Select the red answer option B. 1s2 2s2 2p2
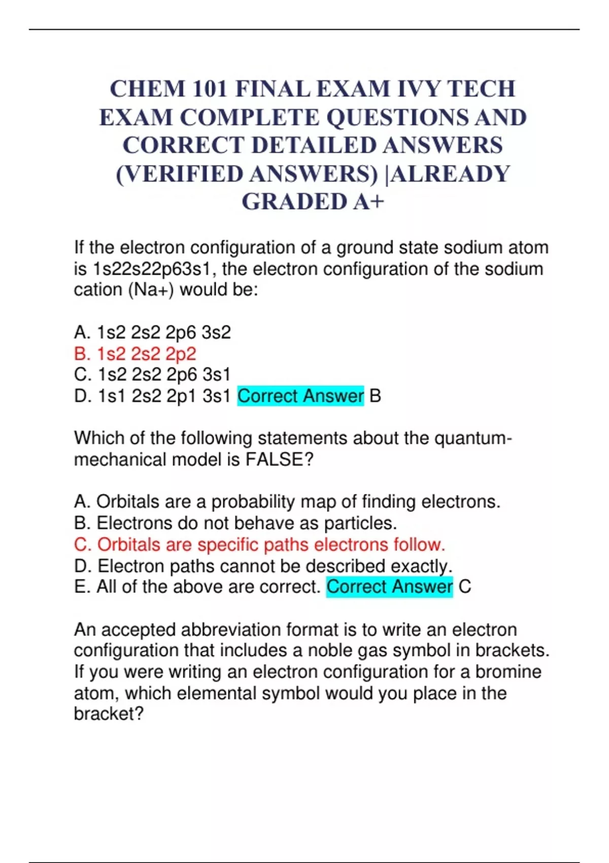click(x=135, y=354)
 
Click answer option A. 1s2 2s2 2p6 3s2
click(x=152, y=333)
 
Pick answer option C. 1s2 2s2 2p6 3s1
click(x=152, y=375)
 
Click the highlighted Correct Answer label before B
click(x=300, y=396)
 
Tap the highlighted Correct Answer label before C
click(x=389, y=587)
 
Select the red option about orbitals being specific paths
click(x=259, y=545)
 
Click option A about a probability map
click(x=287, y=502)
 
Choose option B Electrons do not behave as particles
click(x=235, y=523)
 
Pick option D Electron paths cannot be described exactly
click(x=263, y=566)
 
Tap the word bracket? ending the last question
click(x=109, y=714)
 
